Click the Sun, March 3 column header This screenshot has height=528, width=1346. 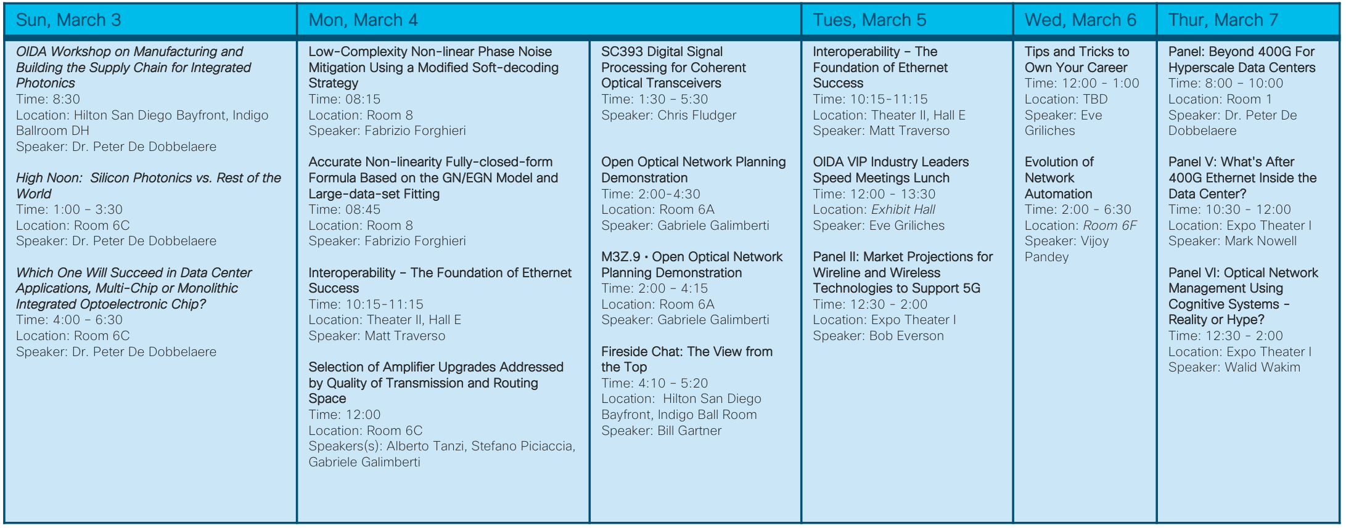pyautogui.click(x=68, y=20)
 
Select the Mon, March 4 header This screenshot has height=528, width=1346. pyautogui.click(x=363, y=20)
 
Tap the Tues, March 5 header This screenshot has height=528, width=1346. pyautogui.click(x=869, y=20)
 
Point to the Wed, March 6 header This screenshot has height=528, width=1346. pyautogui.click(x=1080, y=20)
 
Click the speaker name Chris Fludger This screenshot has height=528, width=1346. pyautogui.click(x=697, y=115)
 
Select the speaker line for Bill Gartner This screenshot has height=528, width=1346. pyautogui.click(x=661, y=431)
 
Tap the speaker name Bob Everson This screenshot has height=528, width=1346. pyautogui.click(x=906, y=336)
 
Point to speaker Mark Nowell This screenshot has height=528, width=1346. pyautogui.click(x=1260, y=241)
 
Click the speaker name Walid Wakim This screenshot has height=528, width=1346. pyautogui.click(x=1263, y=367)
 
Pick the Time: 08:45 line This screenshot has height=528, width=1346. pyautogui.click(x=345, y=209)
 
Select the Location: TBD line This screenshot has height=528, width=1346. pyautogui.click(x=1066, y=99)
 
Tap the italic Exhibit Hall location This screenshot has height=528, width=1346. pyautogui.click(x=903, y=209)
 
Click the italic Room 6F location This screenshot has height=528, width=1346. pyautogui.click(x=1110, y=225)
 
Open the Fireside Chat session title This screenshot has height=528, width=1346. pyautogui.click(x=686, y=359)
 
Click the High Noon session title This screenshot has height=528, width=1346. pyautogui.click(x=148, y=185)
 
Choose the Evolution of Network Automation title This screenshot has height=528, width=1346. pyautogui.click(x=1059, y=177)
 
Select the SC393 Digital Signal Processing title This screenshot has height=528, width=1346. pyautogui.click(x=673, y=67)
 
